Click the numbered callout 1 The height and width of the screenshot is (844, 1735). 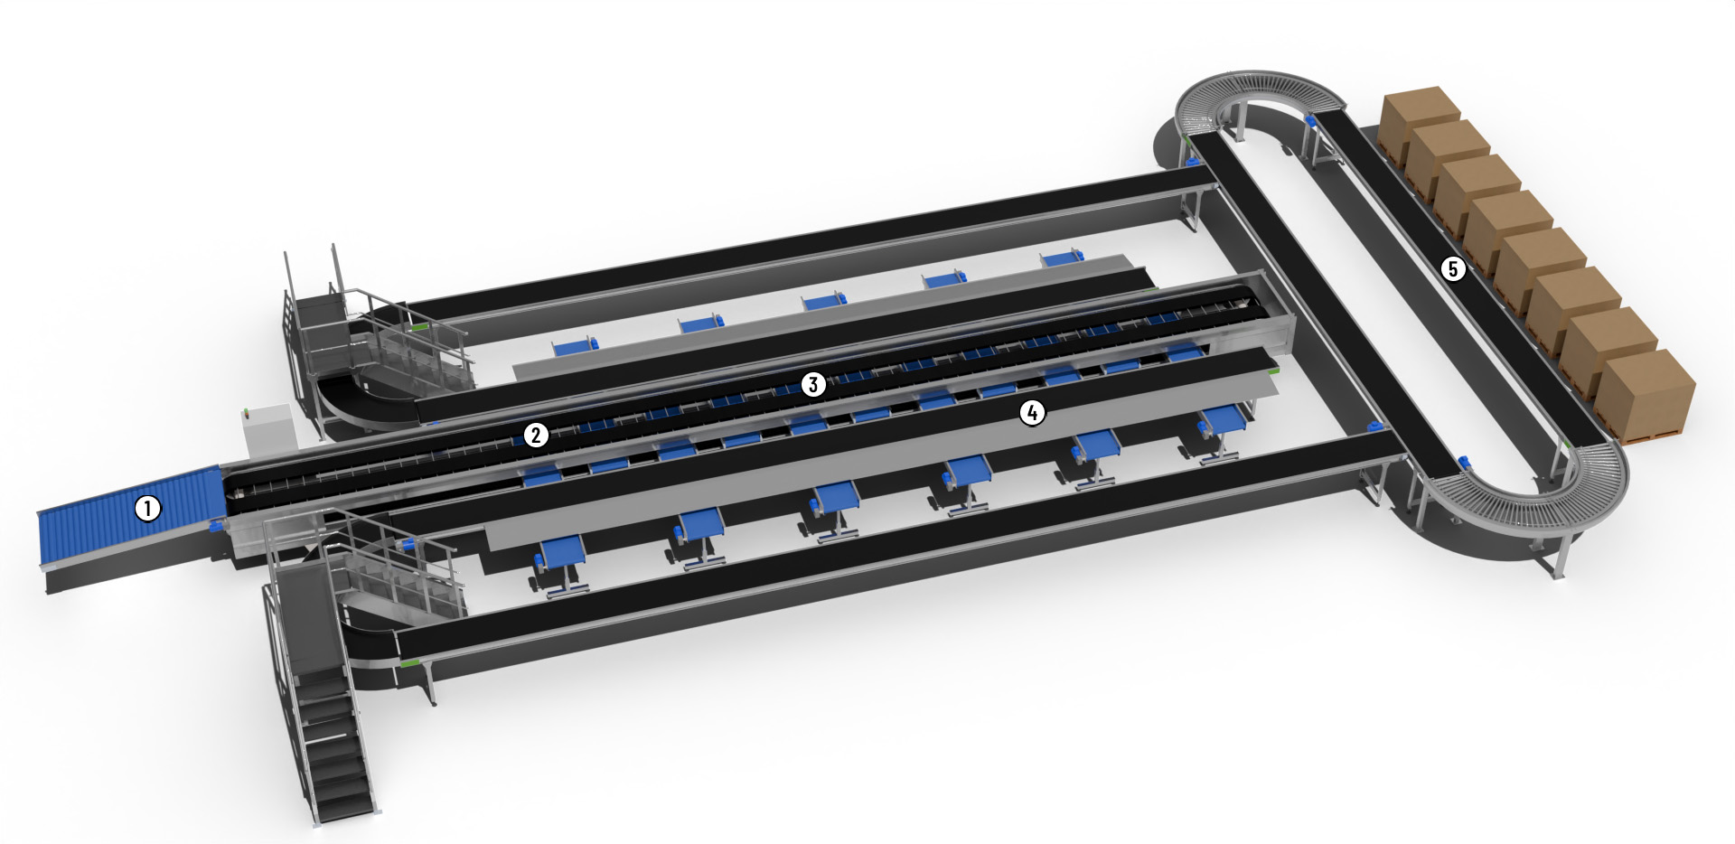[148, 508]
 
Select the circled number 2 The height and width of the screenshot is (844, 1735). [536, 435]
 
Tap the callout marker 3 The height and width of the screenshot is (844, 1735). [812, 384]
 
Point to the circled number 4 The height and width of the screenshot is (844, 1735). [1032, 413]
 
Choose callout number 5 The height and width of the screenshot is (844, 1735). [1453, 268]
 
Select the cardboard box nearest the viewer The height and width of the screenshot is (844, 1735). [1646, 393]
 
